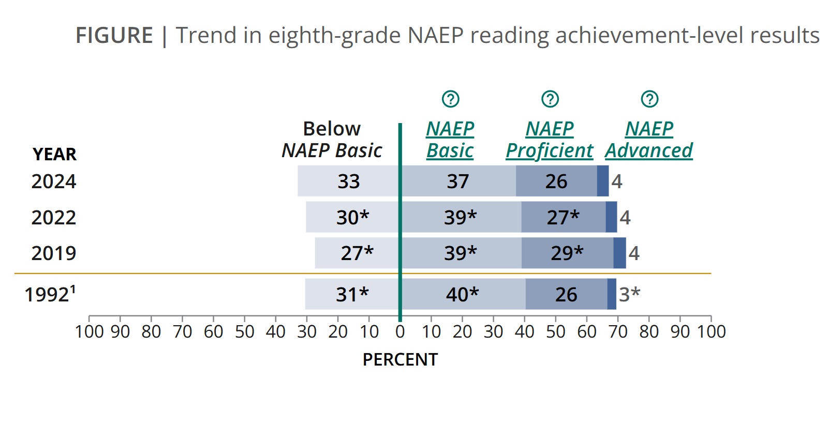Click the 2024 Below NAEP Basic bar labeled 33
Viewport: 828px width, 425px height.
coord(348,181)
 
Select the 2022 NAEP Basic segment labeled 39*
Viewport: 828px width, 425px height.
coord(462,217)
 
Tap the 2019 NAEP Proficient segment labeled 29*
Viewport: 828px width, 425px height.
coord(567,253)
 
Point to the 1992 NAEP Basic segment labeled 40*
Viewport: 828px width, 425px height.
coord(464,294)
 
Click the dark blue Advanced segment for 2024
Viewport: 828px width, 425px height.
coord(603,181)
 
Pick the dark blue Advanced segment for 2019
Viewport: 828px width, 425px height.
coord(620,253)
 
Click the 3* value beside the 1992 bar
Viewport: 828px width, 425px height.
coord(629,294)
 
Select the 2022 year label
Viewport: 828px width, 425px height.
coord(54,217)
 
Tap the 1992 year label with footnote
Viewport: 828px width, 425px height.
coord(50,294)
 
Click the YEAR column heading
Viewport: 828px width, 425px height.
coord(55,155)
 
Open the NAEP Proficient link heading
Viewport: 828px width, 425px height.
coord(550,140)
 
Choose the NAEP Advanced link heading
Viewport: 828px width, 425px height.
coord(649,140)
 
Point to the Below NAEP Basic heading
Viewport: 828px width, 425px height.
coord(332,140)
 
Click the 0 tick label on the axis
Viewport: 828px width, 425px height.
coord(400,331)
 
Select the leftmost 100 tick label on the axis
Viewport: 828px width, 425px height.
coord(89,331)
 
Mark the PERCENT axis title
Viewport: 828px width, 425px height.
coord(401,359)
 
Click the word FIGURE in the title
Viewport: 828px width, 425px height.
coord(114,36)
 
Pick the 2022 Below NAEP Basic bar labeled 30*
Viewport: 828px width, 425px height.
coord(352,217)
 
